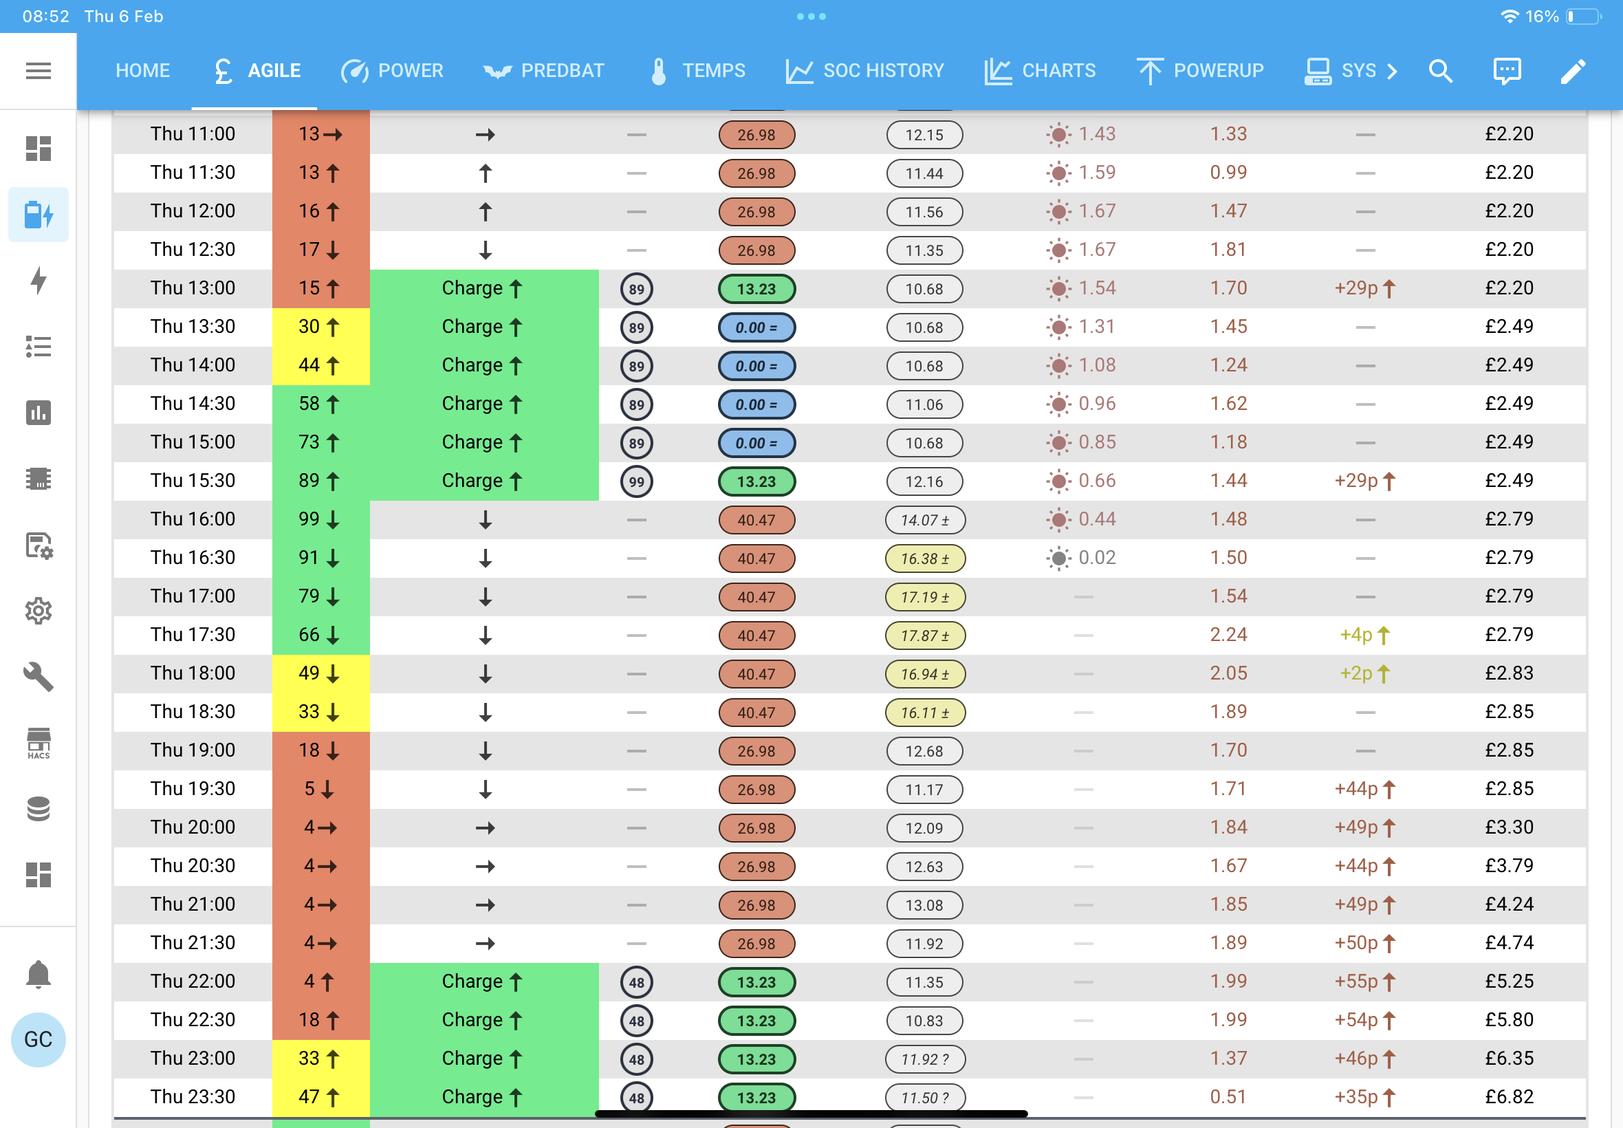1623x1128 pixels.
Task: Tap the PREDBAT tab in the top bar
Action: pyautogui.click(x=543, y=71)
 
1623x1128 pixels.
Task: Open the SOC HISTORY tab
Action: pyautogui.click(x=865, y=71)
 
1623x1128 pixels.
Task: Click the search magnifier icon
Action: pyautogui.click(x=1440, y=71)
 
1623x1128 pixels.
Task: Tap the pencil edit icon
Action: pyautogui.click(x=1573, y=71)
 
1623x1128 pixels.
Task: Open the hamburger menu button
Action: pyautogui.click(x=38, y=71)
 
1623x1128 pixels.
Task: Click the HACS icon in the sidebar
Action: pyautogui.click(x=38, y=744)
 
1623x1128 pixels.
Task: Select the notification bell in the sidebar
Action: pyautogui.click(x=38, y=974)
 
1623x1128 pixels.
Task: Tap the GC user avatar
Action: pyautogui.click(x=38, y=1039)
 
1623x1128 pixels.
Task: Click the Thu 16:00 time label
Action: pyautogui.click(x=192, y=519)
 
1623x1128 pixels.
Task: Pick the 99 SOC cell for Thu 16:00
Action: pyautogui.click(x=320, y=519)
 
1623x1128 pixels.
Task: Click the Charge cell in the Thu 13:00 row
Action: pyautogui.click(x=484, y=288)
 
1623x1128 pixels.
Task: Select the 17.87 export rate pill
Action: pyautogui.click(x=925, y=636)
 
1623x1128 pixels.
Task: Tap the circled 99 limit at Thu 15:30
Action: pyautogui.click(x=637, y=481)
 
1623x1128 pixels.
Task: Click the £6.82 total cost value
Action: pyautogui.click(x=1510, y=1097)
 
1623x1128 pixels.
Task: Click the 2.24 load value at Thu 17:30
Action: pyautogui.click(x=1228, y=635)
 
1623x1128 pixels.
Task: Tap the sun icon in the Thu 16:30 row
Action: pyautogui.click(x=1058, y=558)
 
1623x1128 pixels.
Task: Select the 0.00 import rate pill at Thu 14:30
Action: pyautogui.click(x=756, y=404)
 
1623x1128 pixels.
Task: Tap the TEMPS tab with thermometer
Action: pyautogui.click(x=698, y=71)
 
